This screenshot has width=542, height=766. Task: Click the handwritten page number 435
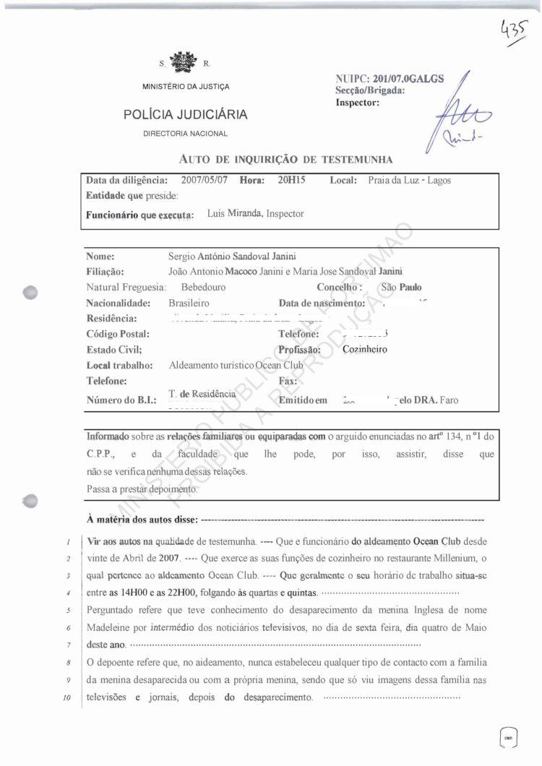point(515,32)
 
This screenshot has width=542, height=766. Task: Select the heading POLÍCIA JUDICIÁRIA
point(185,114)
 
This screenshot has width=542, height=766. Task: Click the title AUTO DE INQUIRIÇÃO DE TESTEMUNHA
point(285,159)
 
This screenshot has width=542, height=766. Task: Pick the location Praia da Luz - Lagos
point(409,180)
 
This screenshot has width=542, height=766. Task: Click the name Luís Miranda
point(235,214)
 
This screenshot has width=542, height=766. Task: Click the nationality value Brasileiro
point(189,303)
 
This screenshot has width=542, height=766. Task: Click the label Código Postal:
point(118,334)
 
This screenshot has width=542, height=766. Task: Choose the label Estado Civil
point(113,350)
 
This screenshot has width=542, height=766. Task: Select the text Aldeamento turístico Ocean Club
point(236,366)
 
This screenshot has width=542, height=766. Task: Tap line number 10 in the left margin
point(64,698)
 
